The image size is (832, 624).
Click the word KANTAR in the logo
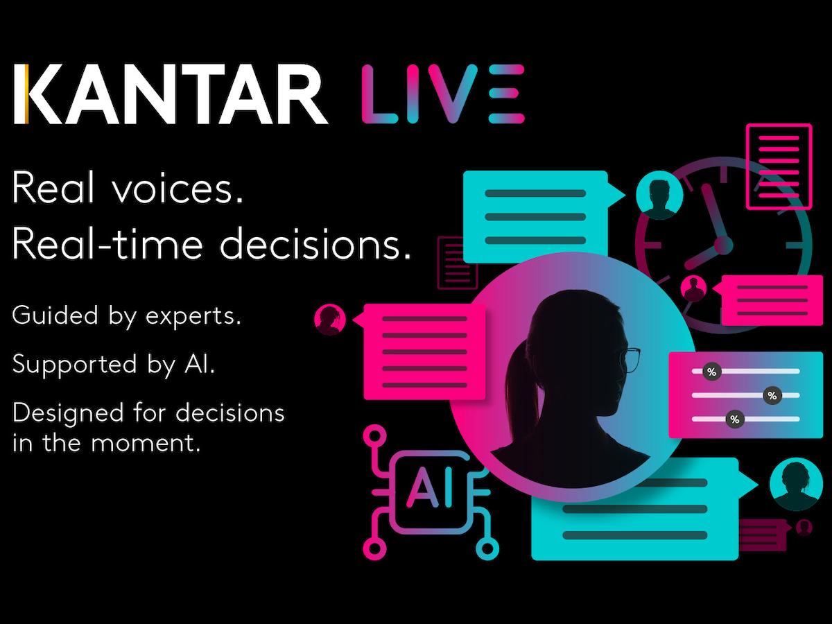click(171, 94)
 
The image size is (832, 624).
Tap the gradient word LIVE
click(443, 94)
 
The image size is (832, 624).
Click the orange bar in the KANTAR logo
click(26, 94)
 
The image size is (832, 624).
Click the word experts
click(193, 317)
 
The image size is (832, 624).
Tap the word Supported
click(74, 365)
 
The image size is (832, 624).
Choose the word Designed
click(68, 413)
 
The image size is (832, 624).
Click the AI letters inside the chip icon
click(429, 487)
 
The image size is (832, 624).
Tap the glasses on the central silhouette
click(630, 361)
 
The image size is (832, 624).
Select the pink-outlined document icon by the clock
click(779, 166)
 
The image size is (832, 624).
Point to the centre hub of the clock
click(723, 245)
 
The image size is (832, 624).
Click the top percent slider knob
click(712, 372)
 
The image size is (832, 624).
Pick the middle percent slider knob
click(772, 395)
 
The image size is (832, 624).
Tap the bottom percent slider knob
click(734, 419)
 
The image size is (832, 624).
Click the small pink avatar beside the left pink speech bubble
click(330, 319)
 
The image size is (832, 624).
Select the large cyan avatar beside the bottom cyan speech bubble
click(796, 484)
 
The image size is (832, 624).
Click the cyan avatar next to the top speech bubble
click(659, 195)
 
